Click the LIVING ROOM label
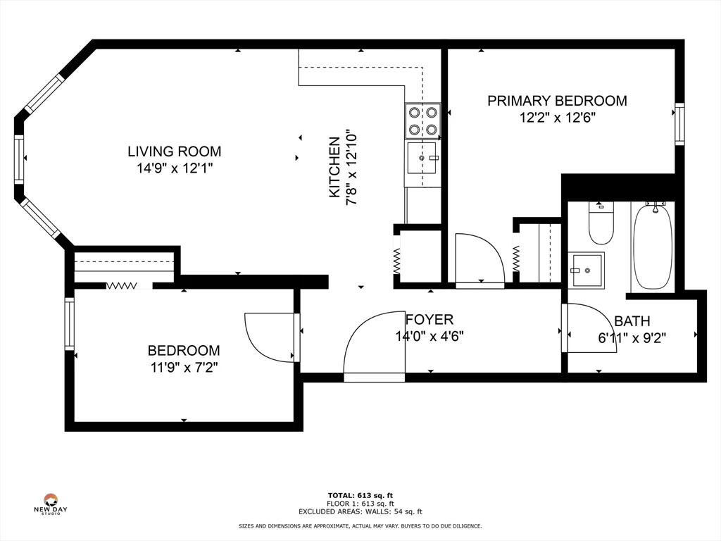[174, 151]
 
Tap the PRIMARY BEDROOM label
[557, 101]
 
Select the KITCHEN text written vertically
[335, 167]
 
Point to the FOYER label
[429, 320]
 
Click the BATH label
[632, 321]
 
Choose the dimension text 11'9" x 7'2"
[183, 367]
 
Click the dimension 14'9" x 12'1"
[174, 168]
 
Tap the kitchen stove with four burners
[422, 120]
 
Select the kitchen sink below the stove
[422, 159]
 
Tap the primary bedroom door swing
[479, 259]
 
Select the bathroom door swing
[590, 328]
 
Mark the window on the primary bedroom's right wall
[679, 124]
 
